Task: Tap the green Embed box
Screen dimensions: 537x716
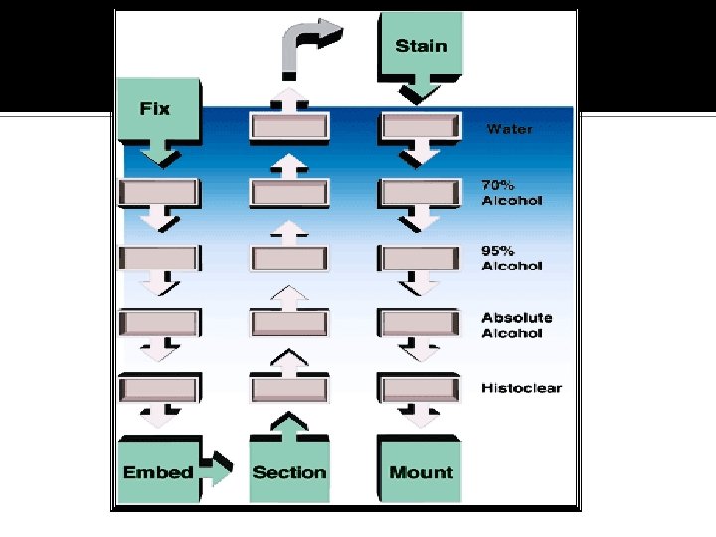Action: tap(157, 472)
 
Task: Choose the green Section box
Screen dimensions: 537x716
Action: tap(288, 472)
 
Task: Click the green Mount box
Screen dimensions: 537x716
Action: tap(421, 472)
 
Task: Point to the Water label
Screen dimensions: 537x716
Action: tap(509, 129)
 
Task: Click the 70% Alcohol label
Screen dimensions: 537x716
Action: tap(512, 193)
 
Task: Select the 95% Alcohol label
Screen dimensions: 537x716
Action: tap(512, 258)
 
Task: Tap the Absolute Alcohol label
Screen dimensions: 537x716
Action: tap(517, 325)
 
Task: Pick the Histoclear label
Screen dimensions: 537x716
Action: tap(521, 388)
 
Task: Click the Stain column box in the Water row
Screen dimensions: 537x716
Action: tap(421, 127)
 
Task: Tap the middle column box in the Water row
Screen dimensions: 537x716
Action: tap(288, 127)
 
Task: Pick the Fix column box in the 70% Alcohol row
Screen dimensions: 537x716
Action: tap(157, 193)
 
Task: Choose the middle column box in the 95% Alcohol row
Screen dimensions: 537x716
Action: tap(288, 258)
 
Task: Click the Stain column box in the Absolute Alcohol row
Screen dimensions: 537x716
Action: tap(421, 323)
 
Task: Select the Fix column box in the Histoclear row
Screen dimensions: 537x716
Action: tap(157, 388)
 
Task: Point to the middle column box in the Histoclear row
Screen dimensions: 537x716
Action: tap(288, 388)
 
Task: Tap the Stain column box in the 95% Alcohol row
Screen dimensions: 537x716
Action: tap(421, 258)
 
